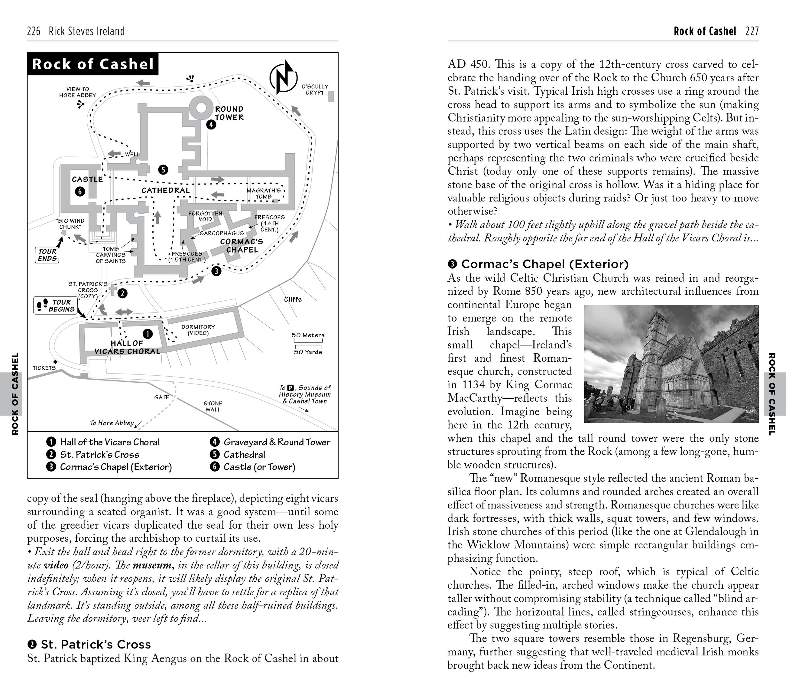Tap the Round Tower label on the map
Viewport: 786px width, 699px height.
click(229, 113)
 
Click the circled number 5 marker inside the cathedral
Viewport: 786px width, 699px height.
click(163, 170)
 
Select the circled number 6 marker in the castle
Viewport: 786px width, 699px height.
click(80, 191)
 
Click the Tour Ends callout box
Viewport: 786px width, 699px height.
click(47, 255)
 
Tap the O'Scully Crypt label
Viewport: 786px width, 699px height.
click(315, 90)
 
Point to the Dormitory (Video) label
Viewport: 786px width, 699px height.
click(198, 330)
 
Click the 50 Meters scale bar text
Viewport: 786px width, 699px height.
click(308, 335)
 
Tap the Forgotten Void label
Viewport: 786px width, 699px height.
click(205, 216)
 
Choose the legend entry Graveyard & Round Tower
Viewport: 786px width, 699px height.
click(277, 442)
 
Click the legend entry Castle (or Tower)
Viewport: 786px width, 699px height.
click(259, 467)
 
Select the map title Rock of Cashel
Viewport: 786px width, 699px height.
click(93, 64)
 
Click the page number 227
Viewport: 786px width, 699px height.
click(752, 31)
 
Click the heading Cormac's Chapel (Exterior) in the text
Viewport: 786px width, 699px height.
click(544, 264)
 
